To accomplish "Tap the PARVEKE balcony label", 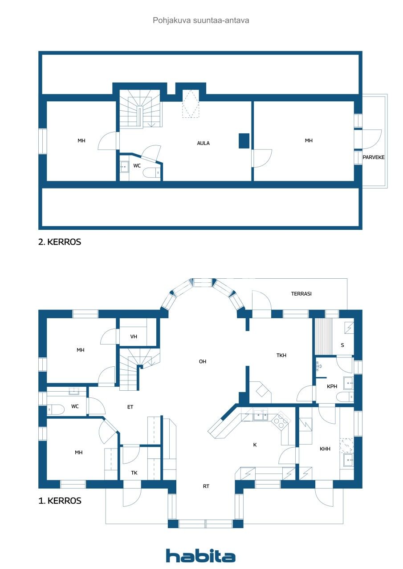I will tap(373, 157).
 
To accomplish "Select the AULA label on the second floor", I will tap(204, 143).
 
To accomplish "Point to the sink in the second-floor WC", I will tap(125, 167).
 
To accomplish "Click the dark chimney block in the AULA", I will tap(244, 141).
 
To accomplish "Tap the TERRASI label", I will tap(301, 294).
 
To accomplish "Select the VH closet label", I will tap(134, 337).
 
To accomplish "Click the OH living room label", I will tap(203, 361).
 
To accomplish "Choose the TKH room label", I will tap(281, 355).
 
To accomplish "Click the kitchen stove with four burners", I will tap(280, 420).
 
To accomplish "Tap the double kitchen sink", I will tap(260, 417).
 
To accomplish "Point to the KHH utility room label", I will tap(325, 449).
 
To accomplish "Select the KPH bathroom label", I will tap(332, 386).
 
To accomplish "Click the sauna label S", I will tap(342, 345).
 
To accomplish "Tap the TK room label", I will tap(134, 473).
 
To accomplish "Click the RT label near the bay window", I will tap(206, 486).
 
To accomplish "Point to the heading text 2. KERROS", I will tap(60, 243).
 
